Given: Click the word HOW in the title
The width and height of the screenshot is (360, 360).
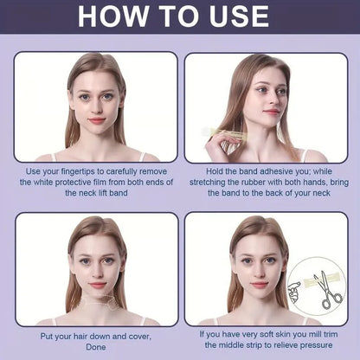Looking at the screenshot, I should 113,16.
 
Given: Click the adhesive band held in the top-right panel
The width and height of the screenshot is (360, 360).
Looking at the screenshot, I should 227,132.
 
